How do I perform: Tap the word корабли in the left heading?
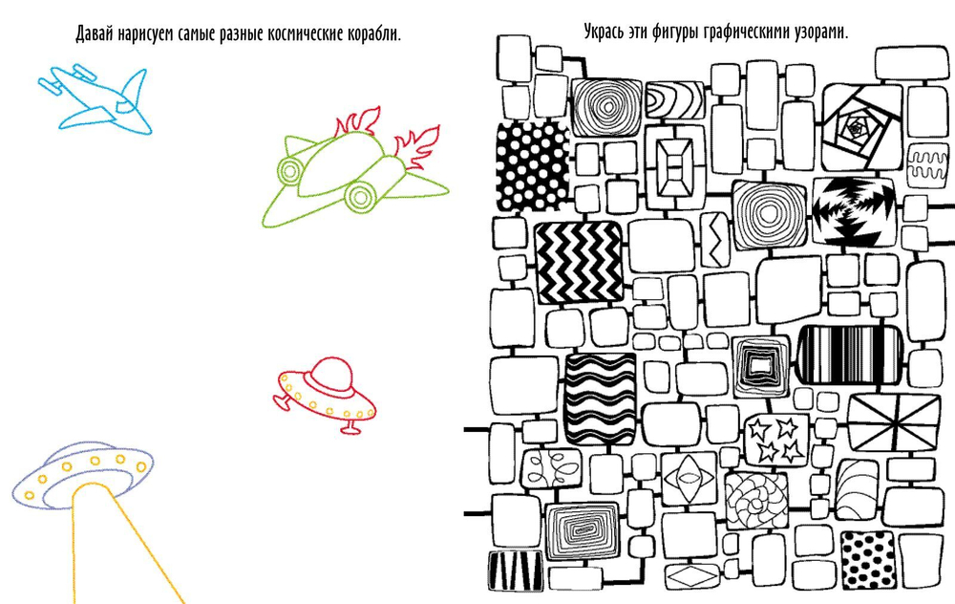coord(374,34)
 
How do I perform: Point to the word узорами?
coord(821,32)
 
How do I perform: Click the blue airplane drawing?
coord(96,99)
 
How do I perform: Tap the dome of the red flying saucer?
coord(331,373)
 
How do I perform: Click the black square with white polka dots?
coord(532,165)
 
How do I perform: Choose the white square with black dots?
coord(868,560)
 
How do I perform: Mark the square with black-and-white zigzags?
coord(580,262)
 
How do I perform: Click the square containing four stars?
coord(775,440)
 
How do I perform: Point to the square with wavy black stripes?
coord(600,399)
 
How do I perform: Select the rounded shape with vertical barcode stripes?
coord(850,355)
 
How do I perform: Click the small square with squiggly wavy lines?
coord(927,165)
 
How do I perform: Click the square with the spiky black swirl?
coord(853,210)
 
